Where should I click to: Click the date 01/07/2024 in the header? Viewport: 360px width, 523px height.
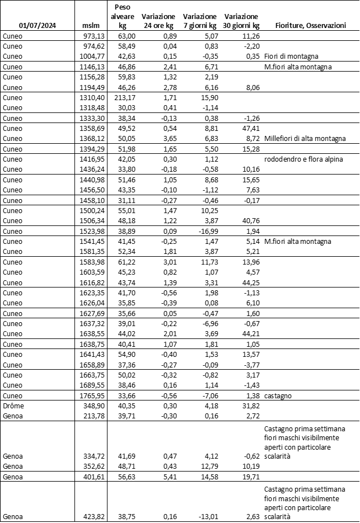(36, 26)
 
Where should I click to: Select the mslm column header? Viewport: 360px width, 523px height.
(91, 26)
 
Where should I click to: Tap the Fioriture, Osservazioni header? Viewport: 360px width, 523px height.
(310, 26)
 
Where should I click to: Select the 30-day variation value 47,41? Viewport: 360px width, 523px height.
(249, 128)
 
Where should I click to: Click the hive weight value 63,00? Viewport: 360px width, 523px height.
(125, 36)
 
